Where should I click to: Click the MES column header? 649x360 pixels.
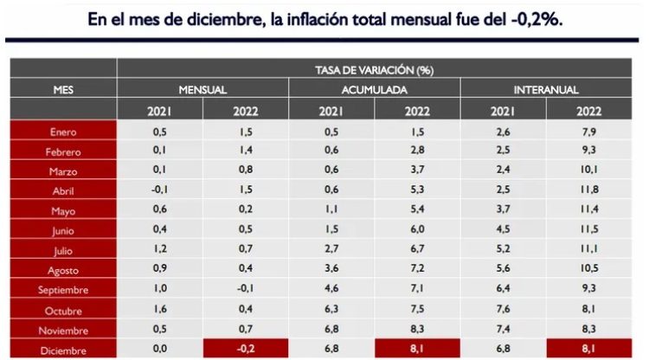63,89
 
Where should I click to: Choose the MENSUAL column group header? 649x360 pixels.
202,89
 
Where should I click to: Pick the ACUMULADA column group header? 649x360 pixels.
375,89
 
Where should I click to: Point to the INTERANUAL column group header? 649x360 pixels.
546,89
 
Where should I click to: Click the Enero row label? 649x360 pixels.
63,132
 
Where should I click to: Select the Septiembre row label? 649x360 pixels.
63,290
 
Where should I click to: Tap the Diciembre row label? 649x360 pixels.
63,350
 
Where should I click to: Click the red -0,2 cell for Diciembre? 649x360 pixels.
246,350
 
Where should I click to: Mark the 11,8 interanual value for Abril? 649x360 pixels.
589,190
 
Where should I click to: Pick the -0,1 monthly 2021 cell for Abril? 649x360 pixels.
160,190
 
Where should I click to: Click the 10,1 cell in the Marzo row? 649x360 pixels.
589,170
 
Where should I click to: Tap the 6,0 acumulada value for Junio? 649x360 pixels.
417,230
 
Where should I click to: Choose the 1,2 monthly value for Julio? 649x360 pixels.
160,250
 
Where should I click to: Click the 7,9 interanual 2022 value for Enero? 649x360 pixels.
589,132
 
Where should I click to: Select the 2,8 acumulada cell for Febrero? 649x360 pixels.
417,151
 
